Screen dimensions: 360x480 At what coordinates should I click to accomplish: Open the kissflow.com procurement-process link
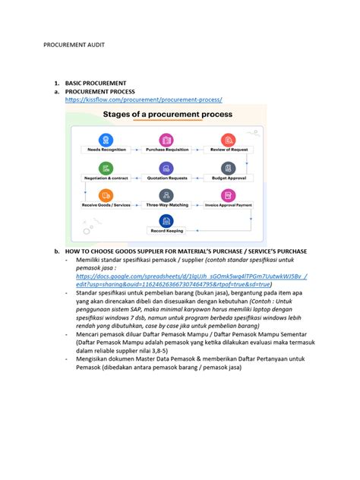(143, 99)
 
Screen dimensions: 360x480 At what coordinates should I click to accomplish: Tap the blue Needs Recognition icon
(105, 139)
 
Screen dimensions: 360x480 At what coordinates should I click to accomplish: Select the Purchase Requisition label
(166, 150)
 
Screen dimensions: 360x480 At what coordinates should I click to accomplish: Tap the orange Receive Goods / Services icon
(105, 194)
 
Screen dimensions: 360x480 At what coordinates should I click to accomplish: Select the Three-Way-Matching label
(166, 205)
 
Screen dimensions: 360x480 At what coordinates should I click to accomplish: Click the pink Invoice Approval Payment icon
(228, 194)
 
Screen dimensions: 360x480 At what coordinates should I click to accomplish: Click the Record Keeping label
(166, 230)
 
